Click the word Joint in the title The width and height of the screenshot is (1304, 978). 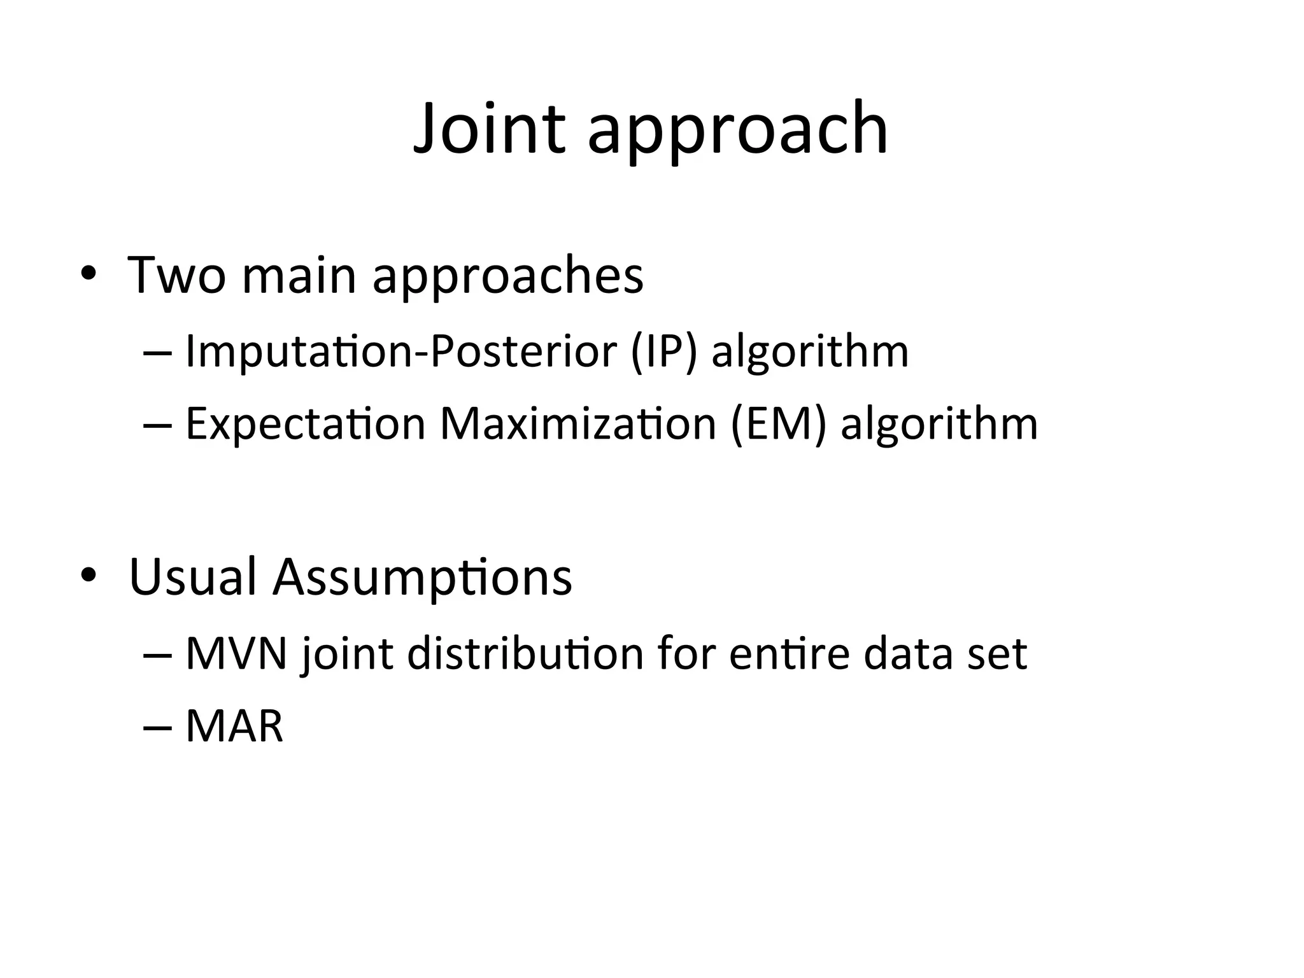click(x=489, y=129)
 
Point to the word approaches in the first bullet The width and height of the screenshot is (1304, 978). click(x=507, y=278)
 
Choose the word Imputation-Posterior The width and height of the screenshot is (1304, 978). click(x=401, y=351)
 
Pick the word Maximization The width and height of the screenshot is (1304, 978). click(x=578, y=423)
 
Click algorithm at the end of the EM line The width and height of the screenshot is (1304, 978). click(x=939, y=425)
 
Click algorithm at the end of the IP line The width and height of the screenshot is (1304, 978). click(x=810, y=351)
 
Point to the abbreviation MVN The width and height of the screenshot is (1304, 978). click(x=236, y=654)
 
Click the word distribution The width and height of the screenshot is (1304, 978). click(x=525, y=654)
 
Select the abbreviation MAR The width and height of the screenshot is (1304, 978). click(x=234, y=726)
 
